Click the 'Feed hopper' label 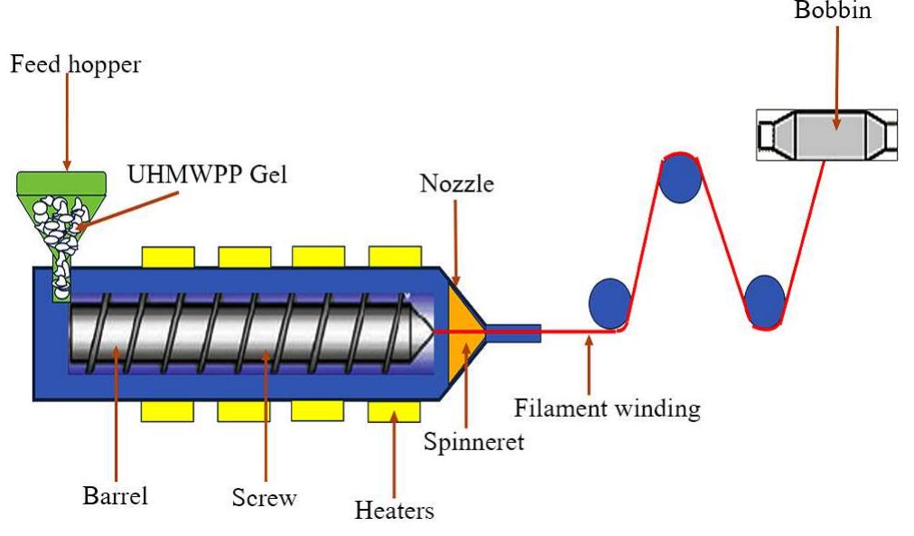(75, 65)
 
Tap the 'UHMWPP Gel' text (207, 174)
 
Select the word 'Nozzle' (457, 183)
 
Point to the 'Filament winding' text (607, 408)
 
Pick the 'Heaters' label (394, 510)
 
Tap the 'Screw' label (263, 496)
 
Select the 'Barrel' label (115, 495)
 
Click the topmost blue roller (681, 178)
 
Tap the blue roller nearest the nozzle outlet (610, 303)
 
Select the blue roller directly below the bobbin (764, 300)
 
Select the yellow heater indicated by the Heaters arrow (393, 412)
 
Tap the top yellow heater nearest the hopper (167, 257)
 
